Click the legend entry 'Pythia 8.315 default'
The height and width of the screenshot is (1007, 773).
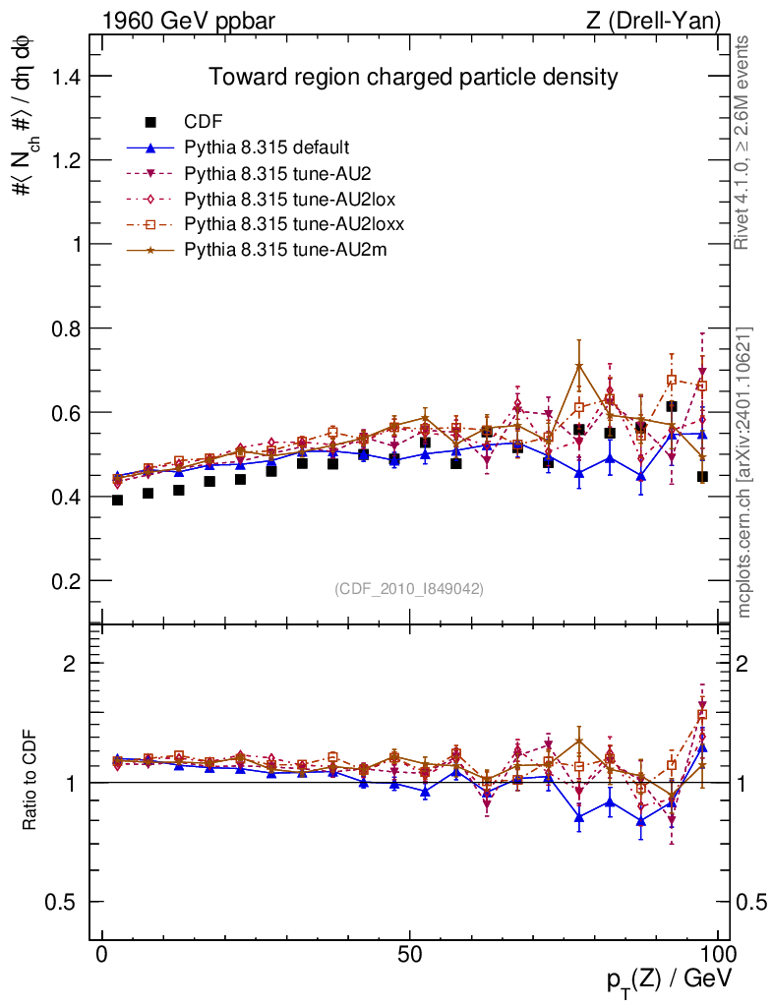(x=267, y=148)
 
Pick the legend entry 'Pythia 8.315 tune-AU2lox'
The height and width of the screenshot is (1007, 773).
(x=281, y=199)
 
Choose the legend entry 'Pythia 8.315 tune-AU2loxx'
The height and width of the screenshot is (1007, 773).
(x=285, y=224)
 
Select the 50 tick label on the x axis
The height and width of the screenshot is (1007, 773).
(x=410, y=955)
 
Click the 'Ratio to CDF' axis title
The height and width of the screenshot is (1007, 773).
(x=30, y=783)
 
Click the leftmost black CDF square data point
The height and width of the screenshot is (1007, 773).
(x=118, y=500)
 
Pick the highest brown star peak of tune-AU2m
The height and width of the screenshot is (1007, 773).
(x=579, y=366)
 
